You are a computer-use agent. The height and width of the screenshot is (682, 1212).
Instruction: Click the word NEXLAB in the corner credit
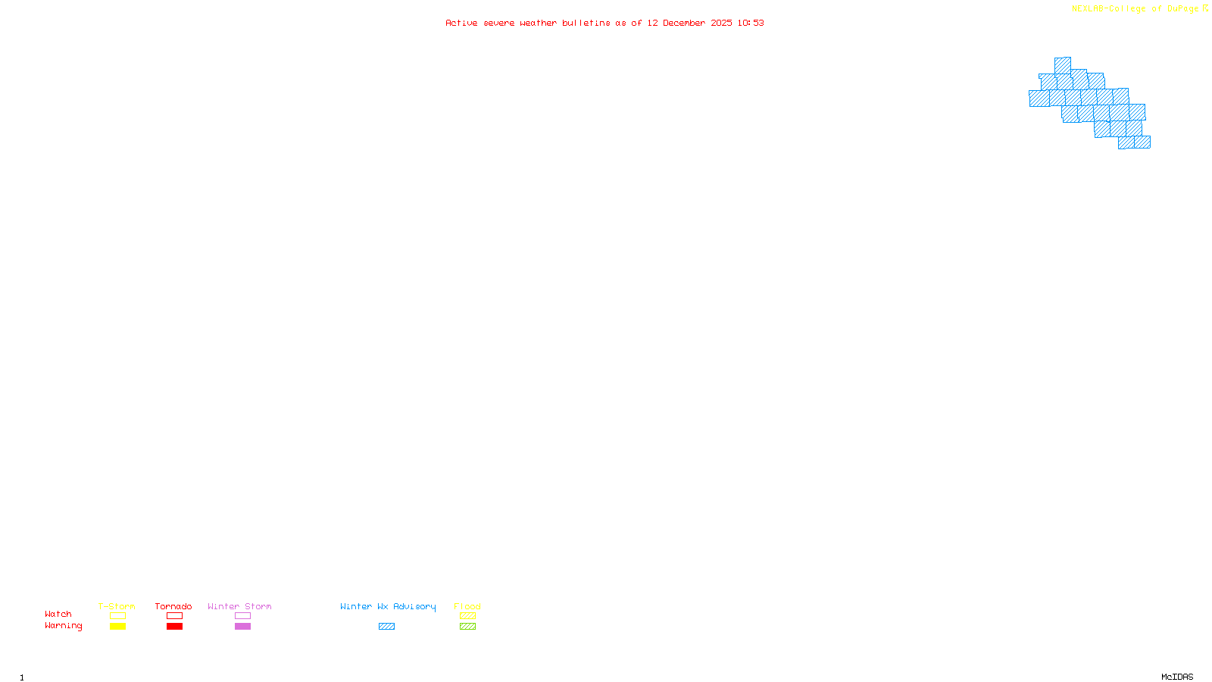1088,9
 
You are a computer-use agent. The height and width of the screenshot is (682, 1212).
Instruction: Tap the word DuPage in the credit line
1182,9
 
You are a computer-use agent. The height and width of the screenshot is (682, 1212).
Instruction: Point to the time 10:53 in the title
750,23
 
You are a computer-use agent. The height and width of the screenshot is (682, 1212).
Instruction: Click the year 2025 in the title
721,23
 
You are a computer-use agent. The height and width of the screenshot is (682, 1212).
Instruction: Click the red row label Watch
58,615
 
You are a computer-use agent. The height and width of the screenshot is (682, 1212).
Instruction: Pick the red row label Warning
63,626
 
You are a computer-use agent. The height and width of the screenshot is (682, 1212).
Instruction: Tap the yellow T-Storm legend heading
117,606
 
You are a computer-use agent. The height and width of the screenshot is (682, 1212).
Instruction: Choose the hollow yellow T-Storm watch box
117,616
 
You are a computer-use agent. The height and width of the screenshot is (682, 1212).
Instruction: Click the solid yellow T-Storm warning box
117,627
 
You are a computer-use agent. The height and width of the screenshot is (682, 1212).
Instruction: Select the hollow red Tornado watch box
174,616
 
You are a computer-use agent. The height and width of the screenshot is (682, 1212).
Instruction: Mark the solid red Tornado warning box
174,627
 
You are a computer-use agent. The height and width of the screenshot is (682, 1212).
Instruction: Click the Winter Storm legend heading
239,606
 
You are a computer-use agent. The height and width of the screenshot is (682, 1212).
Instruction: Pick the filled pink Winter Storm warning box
242,627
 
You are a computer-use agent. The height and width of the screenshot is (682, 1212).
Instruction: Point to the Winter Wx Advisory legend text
388,606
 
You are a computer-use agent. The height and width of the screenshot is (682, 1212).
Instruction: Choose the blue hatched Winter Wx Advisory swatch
386,627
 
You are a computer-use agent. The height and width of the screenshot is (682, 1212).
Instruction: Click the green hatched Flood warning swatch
467,627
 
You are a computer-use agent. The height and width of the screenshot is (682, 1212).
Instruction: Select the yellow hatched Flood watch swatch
467,616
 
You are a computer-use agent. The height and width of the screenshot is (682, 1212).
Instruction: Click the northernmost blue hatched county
1062,65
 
